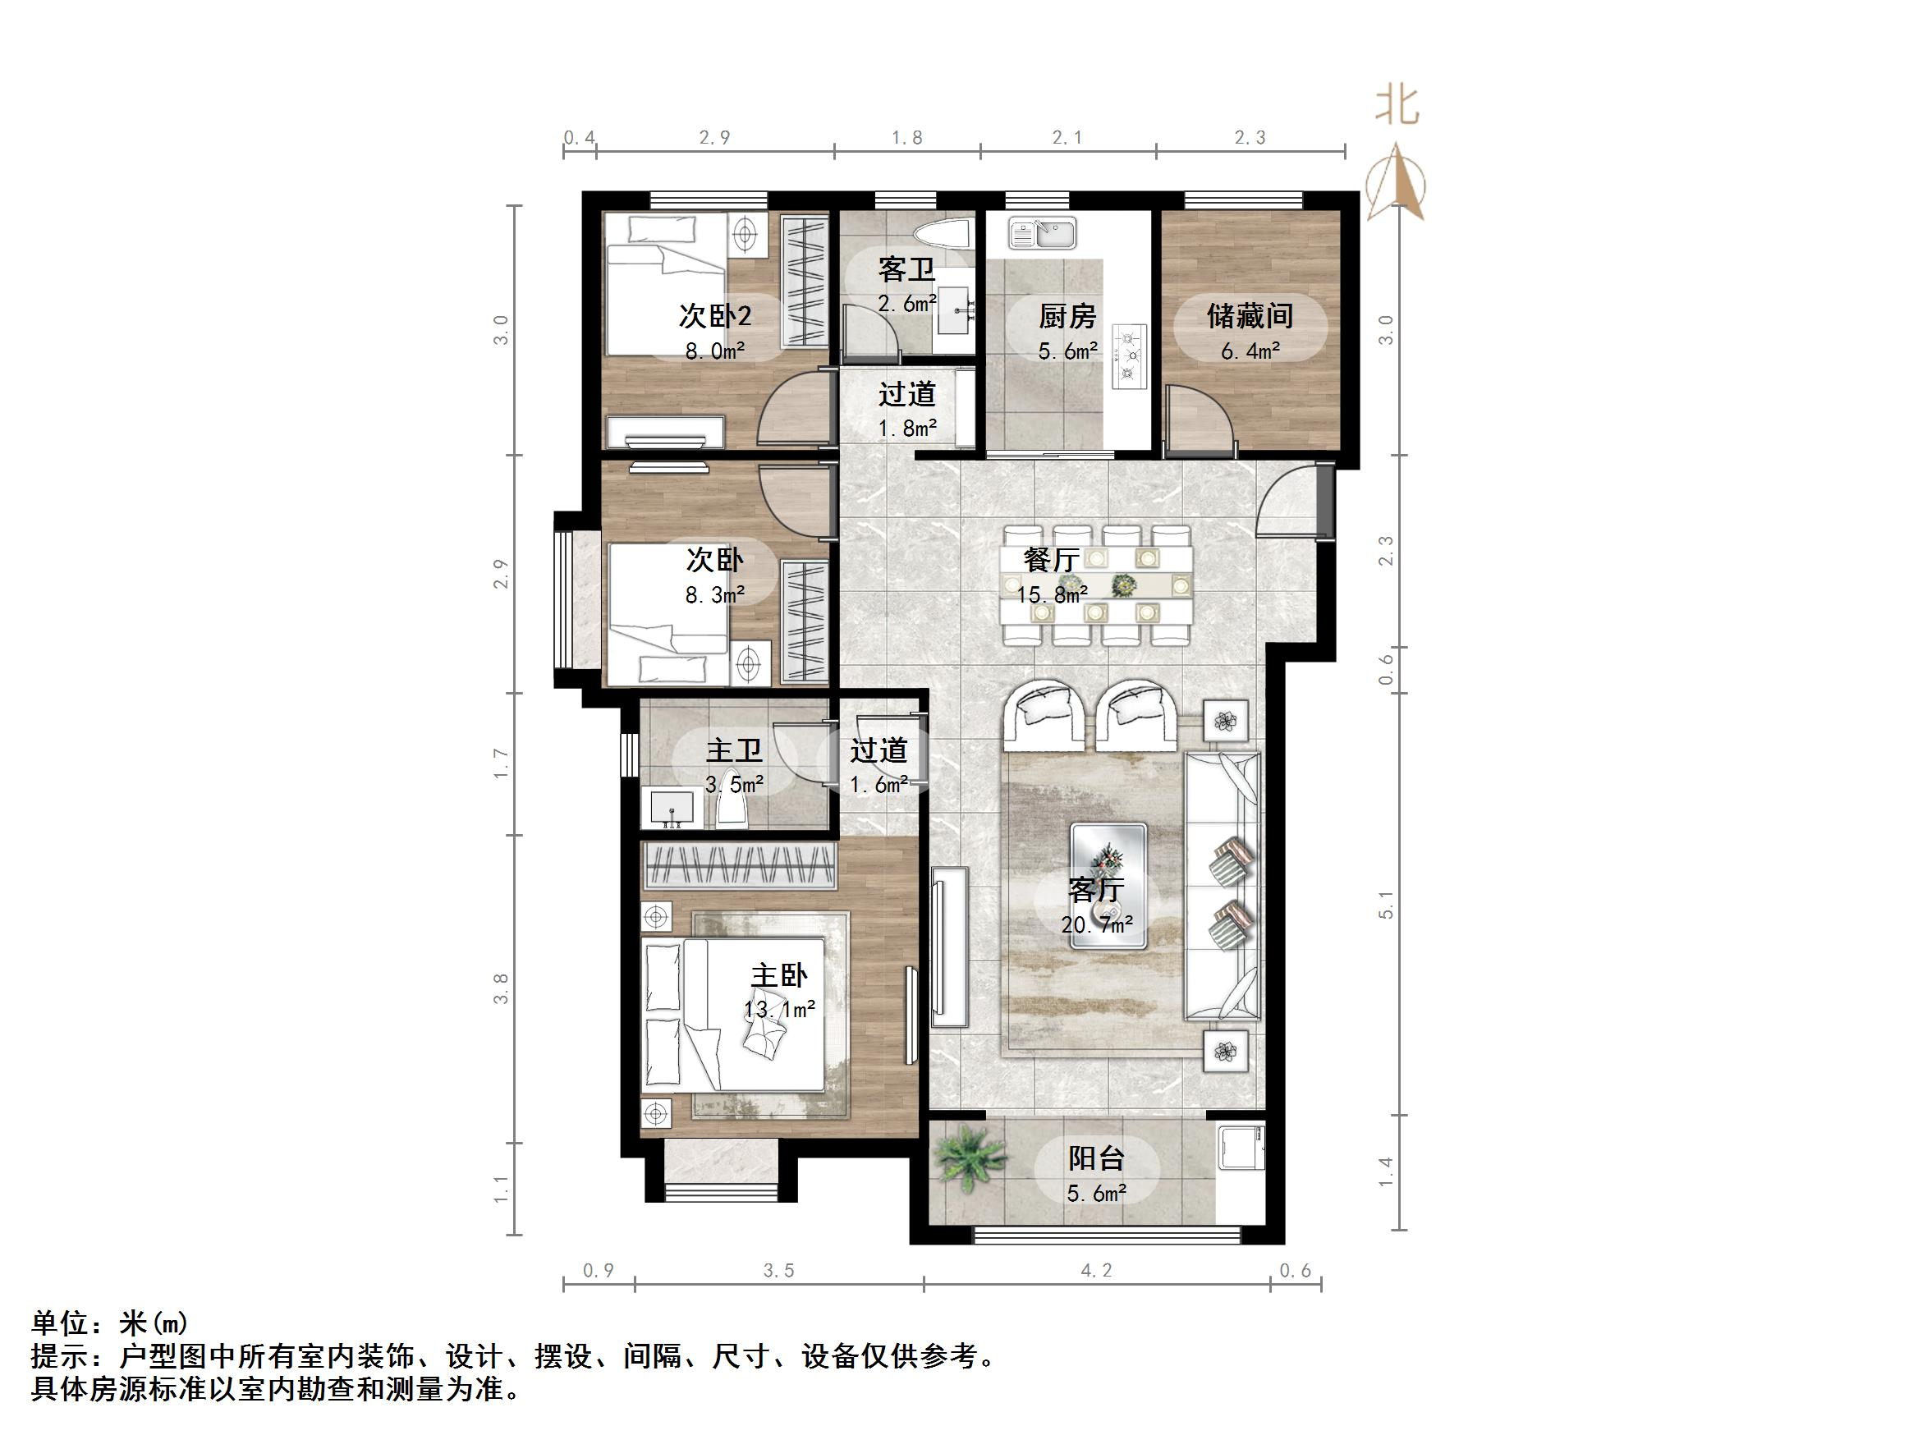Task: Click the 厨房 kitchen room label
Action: click(x=1067, y=317)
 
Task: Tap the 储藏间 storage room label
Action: click(x=1250, y=316)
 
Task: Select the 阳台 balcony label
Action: click(x=1096, y=1158)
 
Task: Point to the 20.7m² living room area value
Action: click(x=1097, y=924)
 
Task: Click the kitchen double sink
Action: click(x=1042, y=232)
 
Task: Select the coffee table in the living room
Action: click(x=1108, y=885)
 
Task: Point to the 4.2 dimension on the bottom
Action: click(x=1096, y=1271)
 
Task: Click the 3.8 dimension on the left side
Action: click(x=501, y=988)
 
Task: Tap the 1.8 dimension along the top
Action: click(x=906, y=138)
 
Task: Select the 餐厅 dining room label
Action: click(x=1052, y=560)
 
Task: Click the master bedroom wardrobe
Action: click(x=740, y=866)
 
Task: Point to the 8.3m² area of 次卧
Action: click(x=714, y=595)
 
